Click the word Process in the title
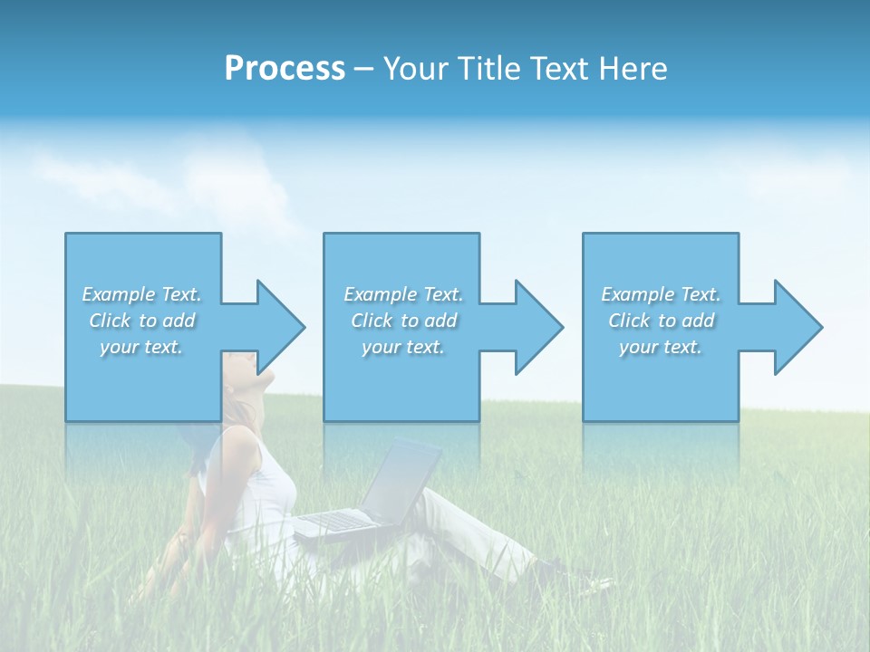pos(285,69)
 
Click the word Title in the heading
pos(488,69)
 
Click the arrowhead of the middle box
pos(537,327)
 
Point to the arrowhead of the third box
pos(797,327)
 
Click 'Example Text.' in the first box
pos(142,294)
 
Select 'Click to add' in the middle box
pos(403,321)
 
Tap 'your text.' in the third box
pos(661,347)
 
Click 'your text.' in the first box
pos(142,347)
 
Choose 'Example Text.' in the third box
pos(661,294)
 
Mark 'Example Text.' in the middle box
pos(403,294)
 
